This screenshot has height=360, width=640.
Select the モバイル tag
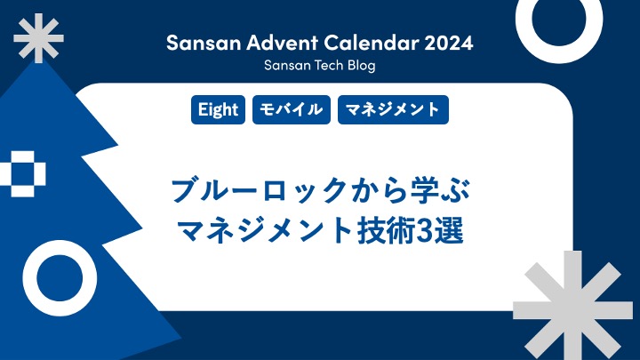click(x=292, y=110)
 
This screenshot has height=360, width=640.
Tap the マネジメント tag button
click(x=392, y=110)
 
